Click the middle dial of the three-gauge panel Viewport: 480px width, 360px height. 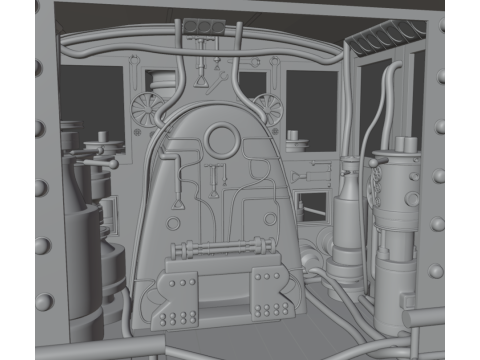[205, 26]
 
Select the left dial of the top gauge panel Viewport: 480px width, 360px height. [192, 26]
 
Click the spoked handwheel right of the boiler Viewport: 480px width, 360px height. [266, 105]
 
